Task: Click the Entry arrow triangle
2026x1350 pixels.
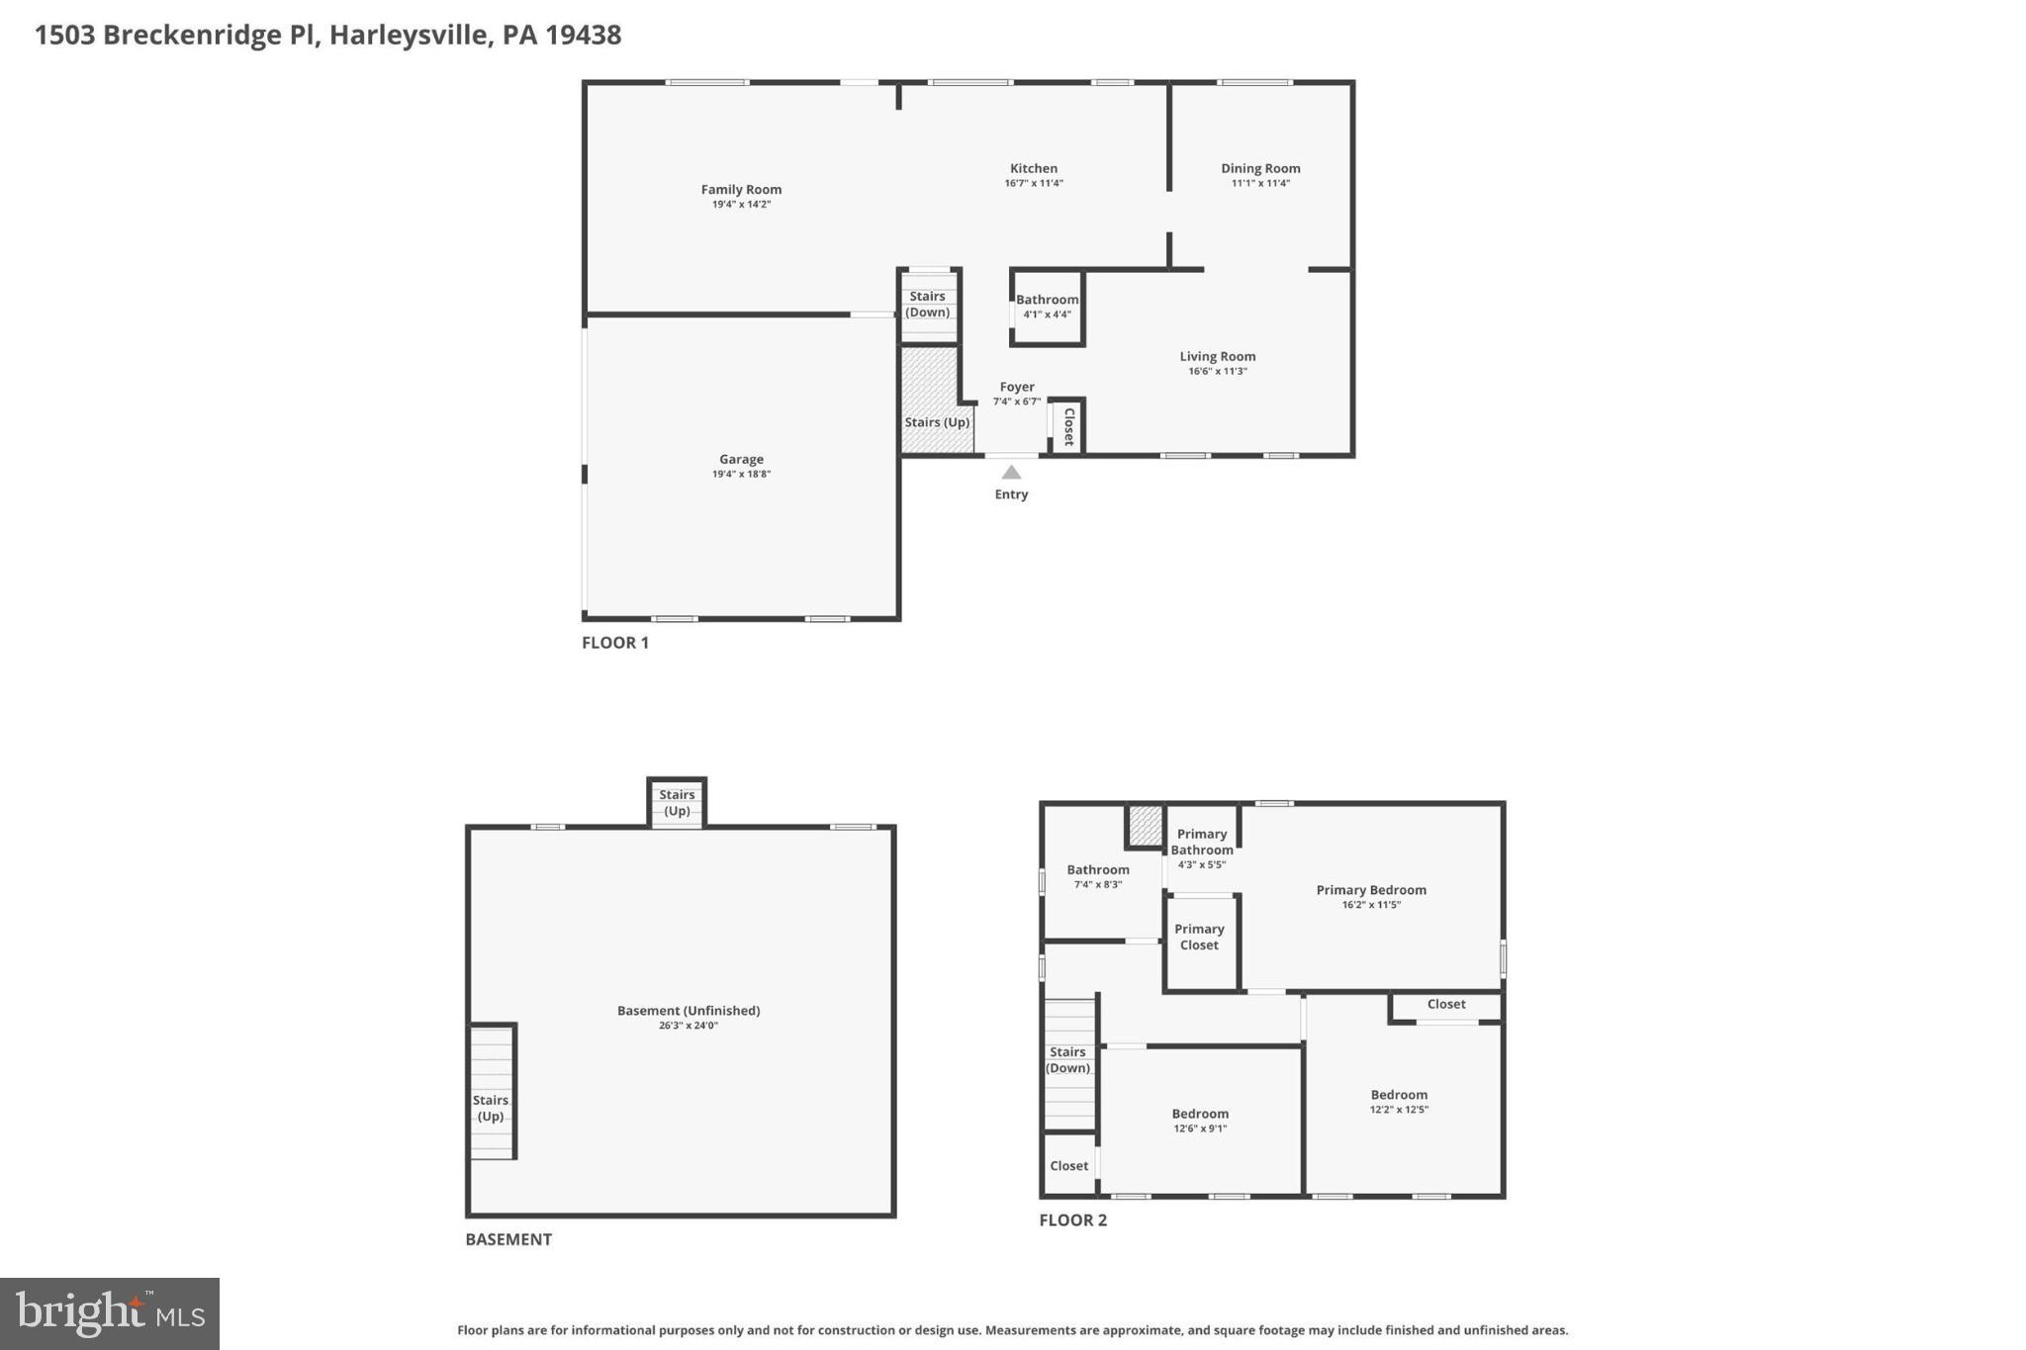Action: [1011, 473]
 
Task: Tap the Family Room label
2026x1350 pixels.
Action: [741, 189]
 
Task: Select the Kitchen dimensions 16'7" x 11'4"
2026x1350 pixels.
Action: [1034, 183]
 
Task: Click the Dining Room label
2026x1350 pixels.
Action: [1260, 168]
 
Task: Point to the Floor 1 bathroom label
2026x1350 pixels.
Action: [1047, 300]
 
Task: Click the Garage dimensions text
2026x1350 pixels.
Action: [741, 474]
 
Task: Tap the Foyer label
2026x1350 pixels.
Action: [1017, 387]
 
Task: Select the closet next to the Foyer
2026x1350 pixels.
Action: [1068, 426]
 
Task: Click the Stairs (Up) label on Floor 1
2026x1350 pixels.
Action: [937, 422]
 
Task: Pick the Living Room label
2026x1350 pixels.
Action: [1217, 356]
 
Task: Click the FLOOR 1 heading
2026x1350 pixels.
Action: [615, 643]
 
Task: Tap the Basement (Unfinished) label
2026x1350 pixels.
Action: [689, 1010]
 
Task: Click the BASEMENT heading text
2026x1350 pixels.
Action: [508, 1239]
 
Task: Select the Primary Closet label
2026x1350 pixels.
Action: [1199, 937]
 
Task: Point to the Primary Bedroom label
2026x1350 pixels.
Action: [1370, 890]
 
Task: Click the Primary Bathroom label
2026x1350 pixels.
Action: [1202, 842]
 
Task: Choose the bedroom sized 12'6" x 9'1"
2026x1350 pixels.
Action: [1200, 1114]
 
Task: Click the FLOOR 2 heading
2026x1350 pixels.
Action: [1072, 1220]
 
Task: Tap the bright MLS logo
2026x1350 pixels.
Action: [110, 1313]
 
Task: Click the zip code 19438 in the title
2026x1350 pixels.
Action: [584, 35]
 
